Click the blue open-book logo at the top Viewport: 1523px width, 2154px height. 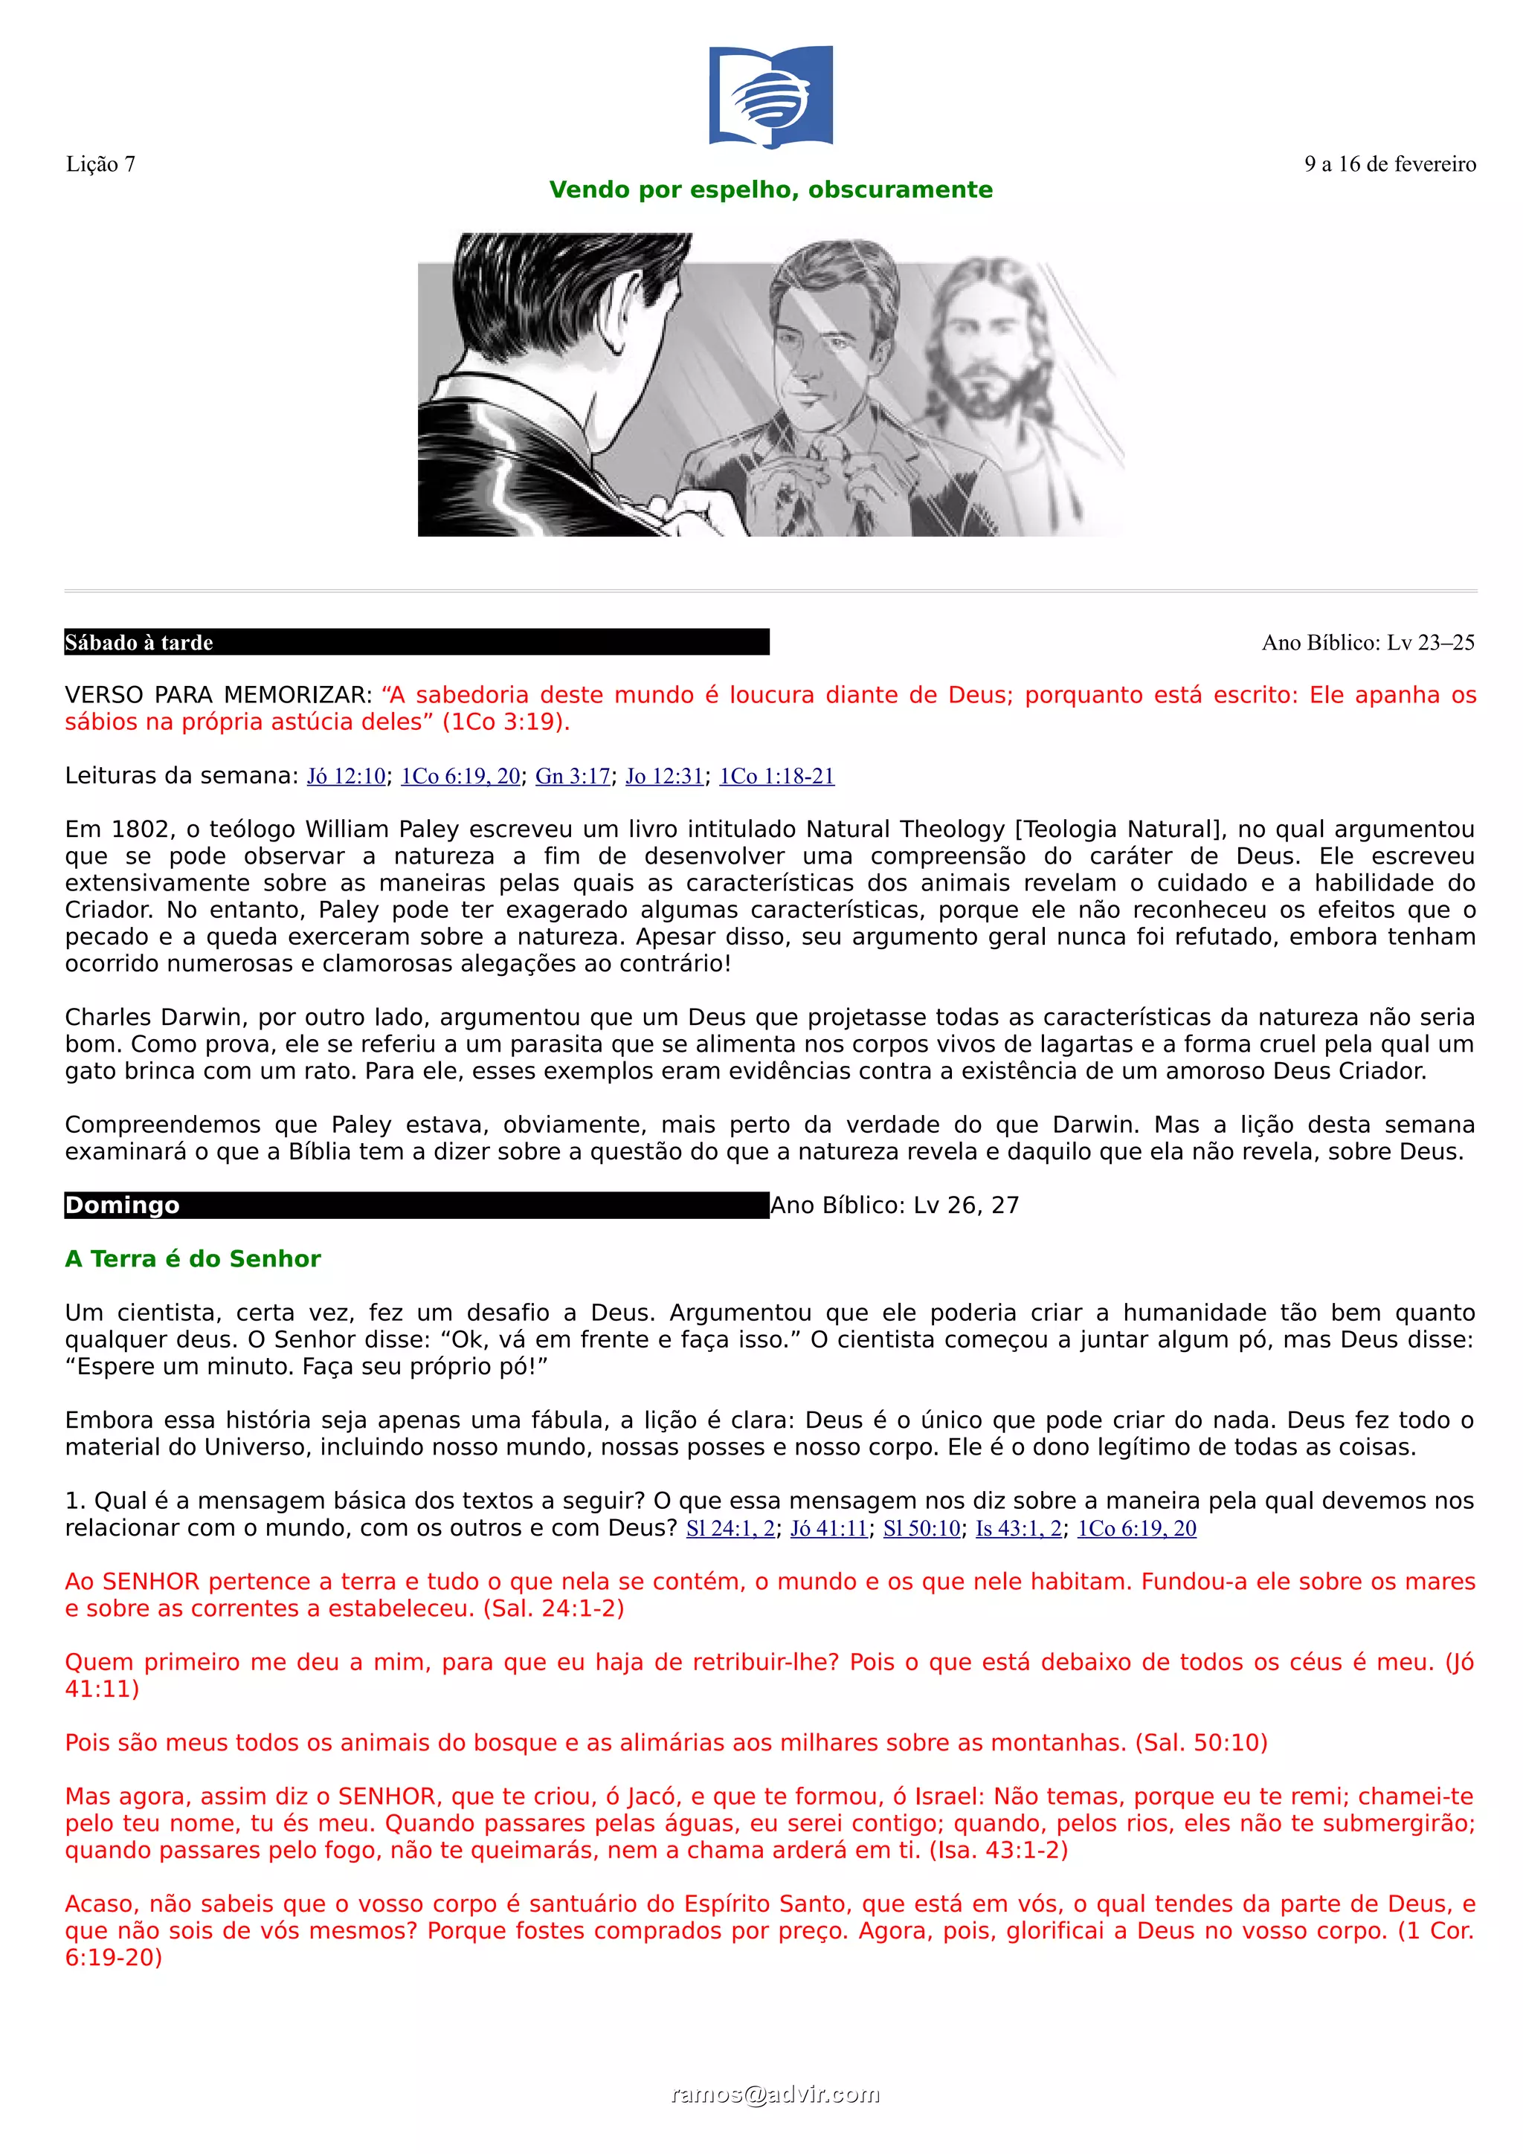click(770, 97)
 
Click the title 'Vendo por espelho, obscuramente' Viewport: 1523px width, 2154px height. click(770, 190)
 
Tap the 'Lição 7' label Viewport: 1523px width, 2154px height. click(100, 164)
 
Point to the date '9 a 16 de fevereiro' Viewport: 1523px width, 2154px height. click(1389, 164)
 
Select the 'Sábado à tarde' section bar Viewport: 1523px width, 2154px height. click(416, 643)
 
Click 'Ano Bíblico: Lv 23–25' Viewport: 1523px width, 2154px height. click(1368, 643)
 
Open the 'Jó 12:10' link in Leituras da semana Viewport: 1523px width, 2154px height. click(347, 776)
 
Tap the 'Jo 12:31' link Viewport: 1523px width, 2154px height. click(664, 776)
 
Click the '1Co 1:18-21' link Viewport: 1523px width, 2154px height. click(776, 776)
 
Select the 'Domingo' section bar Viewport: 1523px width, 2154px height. click(416, 1206)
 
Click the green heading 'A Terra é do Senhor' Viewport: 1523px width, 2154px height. click(193, 1259)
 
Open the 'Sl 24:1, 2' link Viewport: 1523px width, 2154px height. click(730, 1528)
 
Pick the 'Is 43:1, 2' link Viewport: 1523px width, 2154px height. click(1018, 1528)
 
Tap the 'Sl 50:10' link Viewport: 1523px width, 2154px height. click(921, 1528)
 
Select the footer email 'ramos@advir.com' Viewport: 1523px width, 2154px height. click(775, 2095)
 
